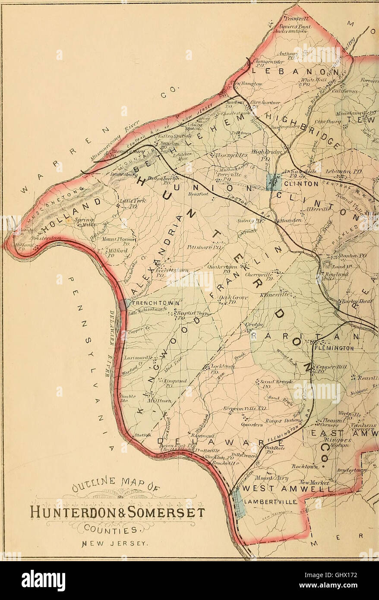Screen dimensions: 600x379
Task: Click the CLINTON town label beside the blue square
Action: click(x=300, y=183)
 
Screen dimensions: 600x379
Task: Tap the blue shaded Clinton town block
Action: click(x=274, y=182)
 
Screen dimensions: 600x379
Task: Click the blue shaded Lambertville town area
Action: click(x=239, y=503)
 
